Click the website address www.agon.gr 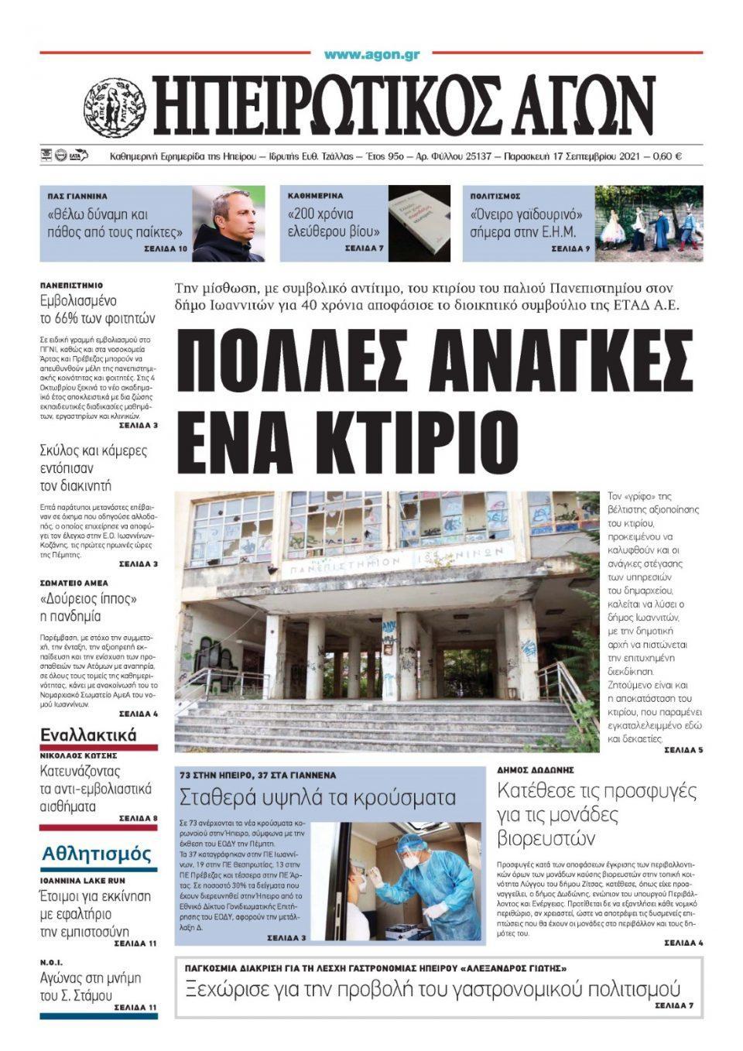point(371,54)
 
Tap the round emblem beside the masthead point(115,108)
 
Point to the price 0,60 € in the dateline point(666,156)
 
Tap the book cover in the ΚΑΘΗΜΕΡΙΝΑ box point(419,223)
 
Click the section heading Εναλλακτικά point(88,734)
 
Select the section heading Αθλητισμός point(97,854)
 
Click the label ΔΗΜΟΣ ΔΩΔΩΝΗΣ point(535,770)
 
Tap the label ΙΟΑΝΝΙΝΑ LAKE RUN point(83,881)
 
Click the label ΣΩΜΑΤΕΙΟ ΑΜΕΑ point(74,583)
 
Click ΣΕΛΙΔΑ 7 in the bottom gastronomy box point(674,1005)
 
